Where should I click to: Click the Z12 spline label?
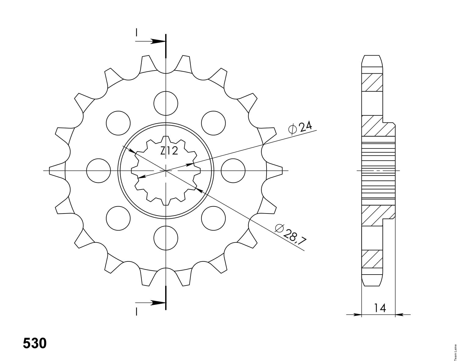coord(169,151)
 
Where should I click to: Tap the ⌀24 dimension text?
coord(300,128)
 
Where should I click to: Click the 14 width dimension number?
coord(380,308)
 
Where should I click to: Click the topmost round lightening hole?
coord(166,104)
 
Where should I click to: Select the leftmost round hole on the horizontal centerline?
coord(99,170)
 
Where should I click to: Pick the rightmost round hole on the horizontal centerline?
coord(233,170)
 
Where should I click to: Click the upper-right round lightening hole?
coord(213,123)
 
